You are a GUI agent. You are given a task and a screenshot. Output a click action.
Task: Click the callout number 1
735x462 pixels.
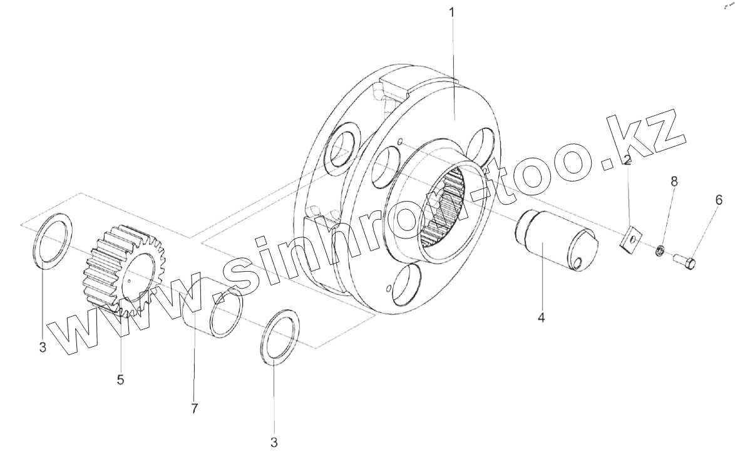click(453, 12)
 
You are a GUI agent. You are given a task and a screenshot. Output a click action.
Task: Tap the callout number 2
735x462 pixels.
click(627, 160)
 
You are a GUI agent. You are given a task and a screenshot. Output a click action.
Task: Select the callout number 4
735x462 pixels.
click(541, 317)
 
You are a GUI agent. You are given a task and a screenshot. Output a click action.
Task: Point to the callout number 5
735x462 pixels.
click(120, 379)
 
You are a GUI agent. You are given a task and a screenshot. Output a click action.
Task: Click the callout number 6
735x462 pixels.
click(719, 200)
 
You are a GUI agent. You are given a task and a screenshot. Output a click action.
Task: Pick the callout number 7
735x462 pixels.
click(194, 409)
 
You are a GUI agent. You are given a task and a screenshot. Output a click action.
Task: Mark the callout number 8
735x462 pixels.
click(674, 182)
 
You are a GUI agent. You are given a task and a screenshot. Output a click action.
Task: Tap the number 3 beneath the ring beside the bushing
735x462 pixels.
click(274, 443)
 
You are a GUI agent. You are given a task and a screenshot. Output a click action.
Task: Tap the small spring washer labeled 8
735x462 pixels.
click(660, 252)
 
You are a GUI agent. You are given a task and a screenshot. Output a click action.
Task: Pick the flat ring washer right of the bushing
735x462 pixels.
click(279, 335)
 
